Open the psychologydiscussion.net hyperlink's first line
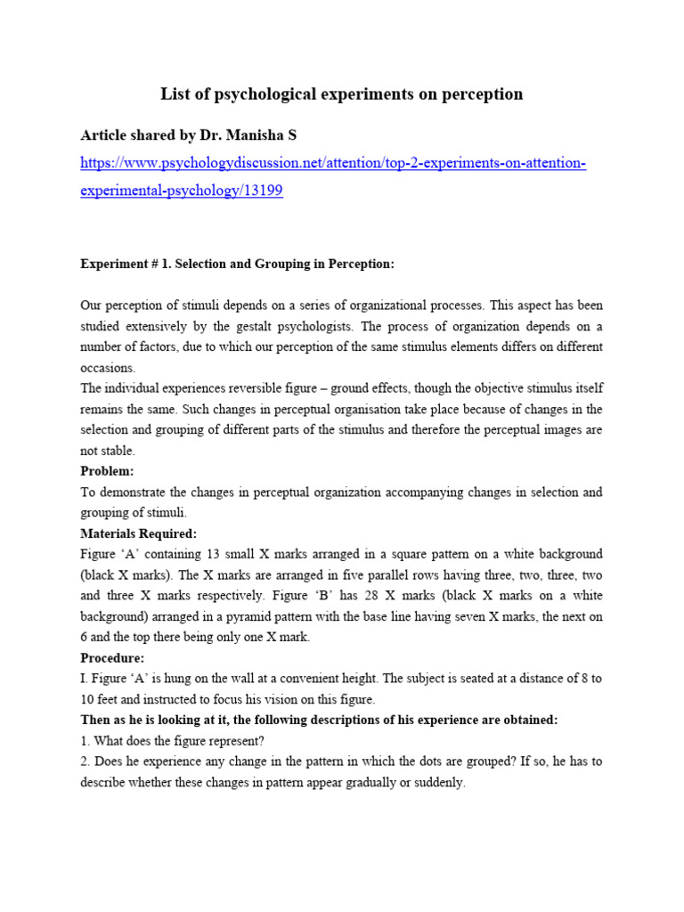pos(333,164)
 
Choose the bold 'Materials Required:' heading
pos(138,533)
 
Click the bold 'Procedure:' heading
pos(111,657)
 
